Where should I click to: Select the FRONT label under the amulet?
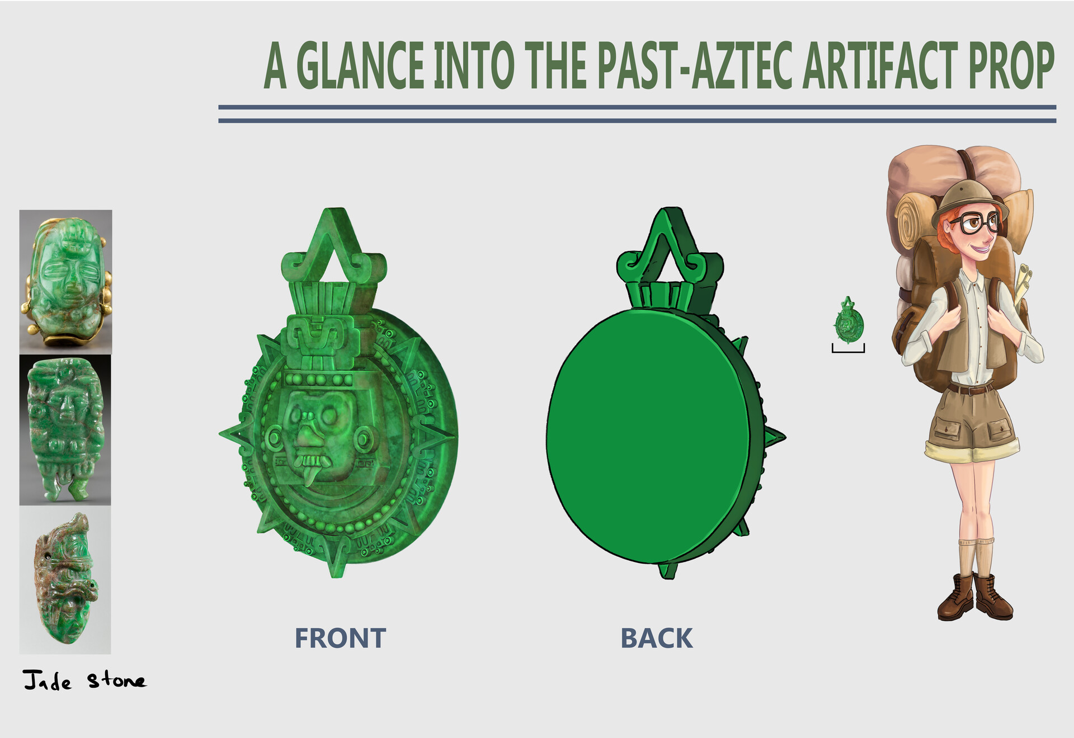coord(340,638)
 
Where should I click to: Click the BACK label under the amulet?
coord(656,638)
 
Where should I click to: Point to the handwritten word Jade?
coord(48,681)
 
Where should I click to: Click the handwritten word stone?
coord(116,680)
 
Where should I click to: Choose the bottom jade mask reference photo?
coord(65,580)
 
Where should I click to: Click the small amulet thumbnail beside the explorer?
coord(849,321)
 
